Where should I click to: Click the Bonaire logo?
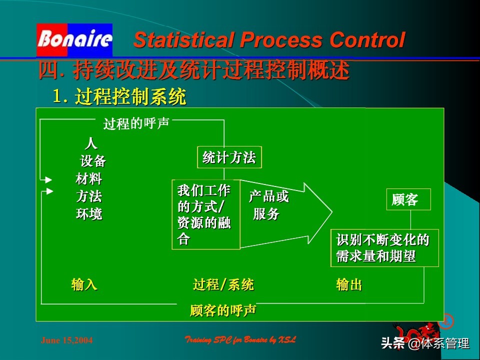pos(74,39)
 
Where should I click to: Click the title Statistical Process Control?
pos(268,40)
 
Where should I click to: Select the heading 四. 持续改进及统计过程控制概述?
pos(194,71)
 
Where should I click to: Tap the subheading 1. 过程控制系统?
pos(119,96)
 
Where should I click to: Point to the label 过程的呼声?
pos(136,123)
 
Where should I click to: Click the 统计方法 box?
pos(229,158)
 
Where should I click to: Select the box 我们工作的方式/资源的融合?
pos(205,214)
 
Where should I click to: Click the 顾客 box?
pos(407,200)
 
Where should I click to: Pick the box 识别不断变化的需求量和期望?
pos(384,248)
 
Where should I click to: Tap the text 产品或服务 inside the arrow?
pos(268,205)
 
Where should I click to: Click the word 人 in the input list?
pos(90,144)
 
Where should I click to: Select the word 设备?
pos(93,161)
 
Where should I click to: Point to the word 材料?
pos(89,178)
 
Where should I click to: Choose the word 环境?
pos(89,214)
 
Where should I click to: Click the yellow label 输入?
pos(84,285)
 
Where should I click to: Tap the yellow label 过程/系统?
pos(223,285)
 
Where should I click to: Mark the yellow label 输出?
pos(349,285)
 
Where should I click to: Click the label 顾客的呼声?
pos(223,310)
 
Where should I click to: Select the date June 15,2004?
pos(66,340)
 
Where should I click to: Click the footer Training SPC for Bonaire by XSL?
pos(240,340)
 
